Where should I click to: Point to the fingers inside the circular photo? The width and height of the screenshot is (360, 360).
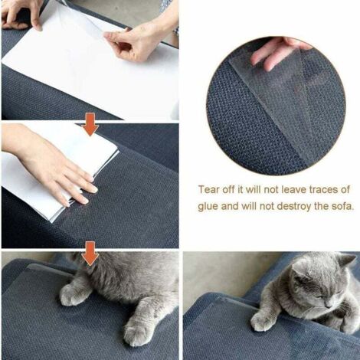[276, 52]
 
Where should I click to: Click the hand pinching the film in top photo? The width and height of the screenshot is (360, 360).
[138, 42]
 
